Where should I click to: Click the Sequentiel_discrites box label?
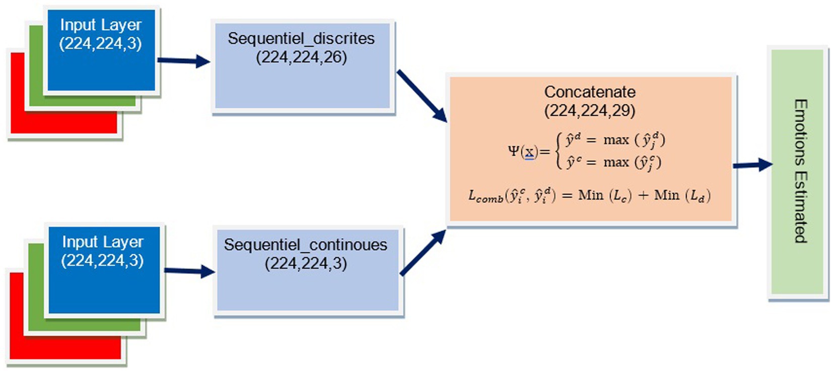[x=301, y=39]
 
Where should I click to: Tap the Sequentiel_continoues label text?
[x=306, y=245]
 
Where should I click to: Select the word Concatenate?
[x=590, y=92]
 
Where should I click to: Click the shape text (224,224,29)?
[x=590, y=111]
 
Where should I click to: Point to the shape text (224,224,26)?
[x=301, y=57]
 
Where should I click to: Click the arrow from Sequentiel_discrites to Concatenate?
[x=422, y=96]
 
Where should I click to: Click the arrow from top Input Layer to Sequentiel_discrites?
[x=183, y=61]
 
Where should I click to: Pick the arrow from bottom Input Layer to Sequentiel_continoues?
[x=189, y=271]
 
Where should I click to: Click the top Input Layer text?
[x=101, y=25]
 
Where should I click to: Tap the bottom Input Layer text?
[x=103, y=242]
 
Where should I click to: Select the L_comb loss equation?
[x=589, y=195]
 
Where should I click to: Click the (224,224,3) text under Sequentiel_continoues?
[x=306, y=264]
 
